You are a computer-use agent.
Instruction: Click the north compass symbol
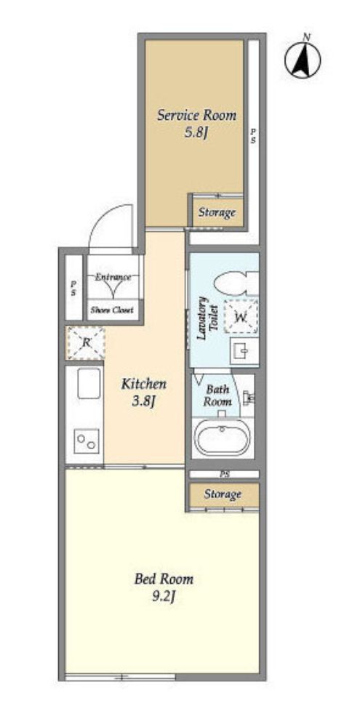tap(303, 60)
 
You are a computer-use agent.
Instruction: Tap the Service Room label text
tap(196, 115)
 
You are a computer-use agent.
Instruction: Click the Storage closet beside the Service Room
tap(217, 213)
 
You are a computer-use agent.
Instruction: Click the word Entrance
tap(113, 277)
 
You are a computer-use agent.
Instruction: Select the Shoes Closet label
tap(112, 310)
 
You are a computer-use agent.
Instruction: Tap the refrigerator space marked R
tap(86, 342)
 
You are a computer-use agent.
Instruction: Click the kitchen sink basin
tap(89, 383)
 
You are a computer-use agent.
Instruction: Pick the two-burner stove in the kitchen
tap(87, 441)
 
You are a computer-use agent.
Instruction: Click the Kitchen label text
tap(144, 384)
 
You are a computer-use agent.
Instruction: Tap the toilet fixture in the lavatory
tap(236, 283)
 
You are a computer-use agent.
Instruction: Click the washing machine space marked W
tap(241, 316)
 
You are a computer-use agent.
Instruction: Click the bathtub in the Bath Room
tap(223, 438)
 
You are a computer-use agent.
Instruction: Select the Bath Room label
tap(217, 395)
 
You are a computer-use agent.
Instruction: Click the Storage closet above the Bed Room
tap(223, 495)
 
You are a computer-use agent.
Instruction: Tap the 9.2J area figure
tap(164, 598)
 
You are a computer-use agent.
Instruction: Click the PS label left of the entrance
tap(73, 289)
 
